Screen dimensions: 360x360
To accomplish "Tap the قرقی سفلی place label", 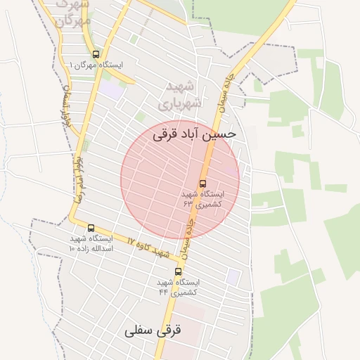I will point(153,329).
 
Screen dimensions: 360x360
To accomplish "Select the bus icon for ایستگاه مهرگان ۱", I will point(96,54).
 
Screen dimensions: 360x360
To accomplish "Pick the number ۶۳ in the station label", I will point(188,203).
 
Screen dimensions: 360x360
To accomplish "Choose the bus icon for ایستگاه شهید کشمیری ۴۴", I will point(177,271).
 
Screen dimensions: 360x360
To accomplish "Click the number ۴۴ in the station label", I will point(164,291).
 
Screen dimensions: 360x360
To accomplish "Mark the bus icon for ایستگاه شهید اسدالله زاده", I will point(91,228).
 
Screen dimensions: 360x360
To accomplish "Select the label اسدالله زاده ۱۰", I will point(96,249).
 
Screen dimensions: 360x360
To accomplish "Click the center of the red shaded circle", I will point(180,179).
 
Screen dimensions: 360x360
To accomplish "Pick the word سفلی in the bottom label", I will point(139,330).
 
